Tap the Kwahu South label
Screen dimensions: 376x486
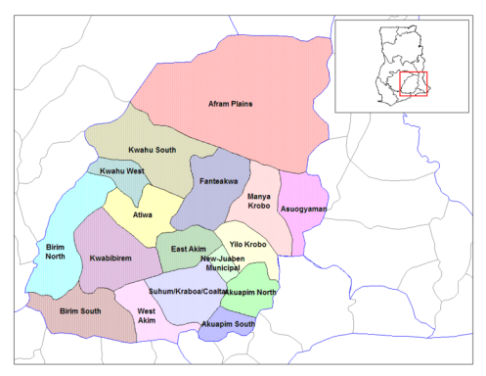pyautogui.click(x=152, y=149)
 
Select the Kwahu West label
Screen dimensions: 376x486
pyautogui.click(x=116, y=172)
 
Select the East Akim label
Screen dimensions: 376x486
pyautogui.click(x=188, y=249)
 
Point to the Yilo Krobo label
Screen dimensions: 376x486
pyautogui.click(x=247, y=244)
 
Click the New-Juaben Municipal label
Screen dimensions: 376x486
pyautogui.click(x=234, y=261)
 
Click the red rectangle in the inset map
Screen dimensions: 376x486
pyautogui.click(x=414, y=84)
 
